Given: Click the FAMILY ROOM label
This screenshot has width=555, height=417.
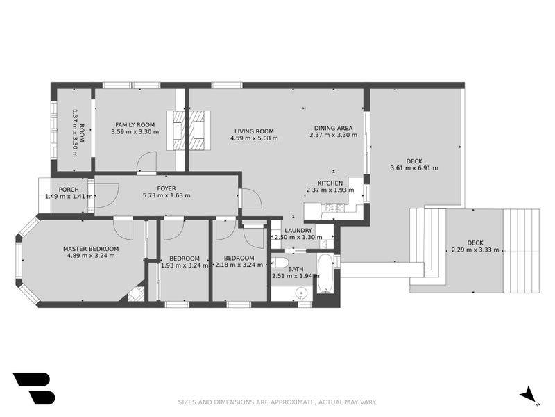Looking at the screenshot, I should point(135,124).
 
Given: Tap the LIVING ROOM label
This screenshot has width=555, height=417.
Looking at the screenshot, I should point(253,131).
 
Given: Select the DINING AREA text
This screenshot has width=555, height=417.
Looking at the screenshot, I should point(333,128).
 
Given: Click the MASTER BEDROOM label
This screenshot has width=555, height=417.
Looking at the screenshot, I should point(90,248).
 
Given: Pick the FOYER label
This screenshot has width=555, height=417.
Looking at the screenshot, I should point(166,188).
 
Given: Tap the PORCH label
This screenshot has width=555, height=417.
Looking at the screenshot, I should point(68,188).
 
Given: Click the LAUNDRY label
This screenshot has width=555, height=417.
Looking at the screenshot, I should point(298,230).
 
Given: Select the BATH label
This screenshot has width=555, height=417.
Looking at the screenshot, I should point(296,268).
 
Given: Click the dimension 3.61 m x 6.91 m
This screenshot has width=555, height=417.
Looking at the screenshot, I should point(414,168).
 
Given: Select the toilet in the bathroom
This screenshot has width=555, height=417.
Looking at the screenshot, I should point(279,263).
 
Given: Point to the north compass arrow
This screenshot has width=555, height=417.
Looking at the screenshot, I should point(529,394).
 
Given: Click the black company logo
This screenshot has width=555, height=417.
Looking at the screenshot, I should point(33,388).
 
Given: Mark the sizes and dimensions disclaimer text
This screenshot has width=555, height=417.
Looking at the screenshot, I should point(277,402).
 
